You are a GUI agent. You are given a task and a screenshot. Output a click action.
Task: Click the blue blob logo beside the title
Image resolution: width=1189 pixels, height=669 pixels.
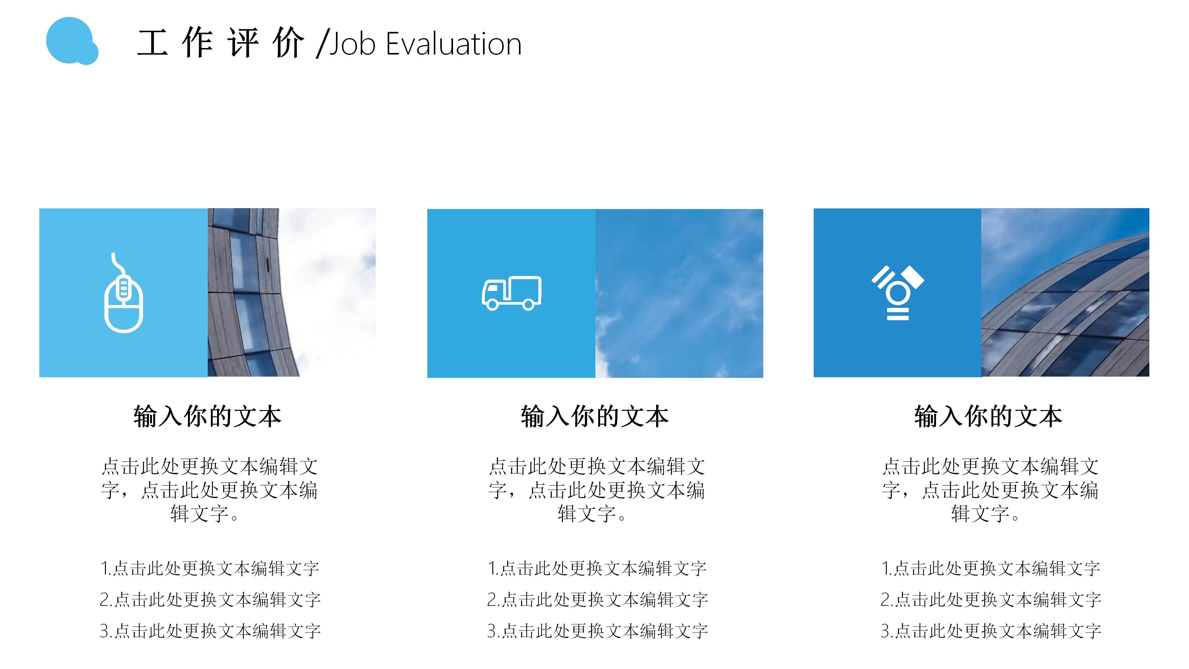71,41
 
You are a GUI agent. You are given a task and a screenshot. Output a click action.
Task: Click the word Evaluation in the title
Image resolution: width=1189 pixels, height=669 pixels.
453,44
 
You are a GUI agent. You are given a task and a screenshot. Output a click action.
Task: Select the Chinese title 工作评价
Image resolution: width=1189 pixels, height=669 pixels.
221,43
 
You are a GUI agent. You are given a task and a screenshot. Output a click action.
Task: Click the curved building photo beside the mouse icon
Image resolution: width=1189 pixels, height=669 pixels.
291,292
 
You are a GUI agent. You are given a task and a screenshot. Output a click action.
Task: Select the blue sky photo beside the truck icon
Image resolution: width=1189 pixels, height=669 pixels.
679,293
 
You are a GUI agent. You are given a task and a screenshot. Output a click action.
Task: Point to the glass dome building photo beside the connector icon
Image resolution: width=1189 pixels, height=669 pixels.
1065,292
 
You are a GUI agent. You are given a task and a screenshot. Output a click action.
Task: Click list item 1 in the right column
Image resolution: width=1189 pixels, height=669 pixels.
991,568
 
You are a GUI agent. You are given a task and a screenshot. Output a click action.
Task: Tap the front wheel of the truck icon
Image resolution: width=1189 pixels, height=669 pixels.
493,305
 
